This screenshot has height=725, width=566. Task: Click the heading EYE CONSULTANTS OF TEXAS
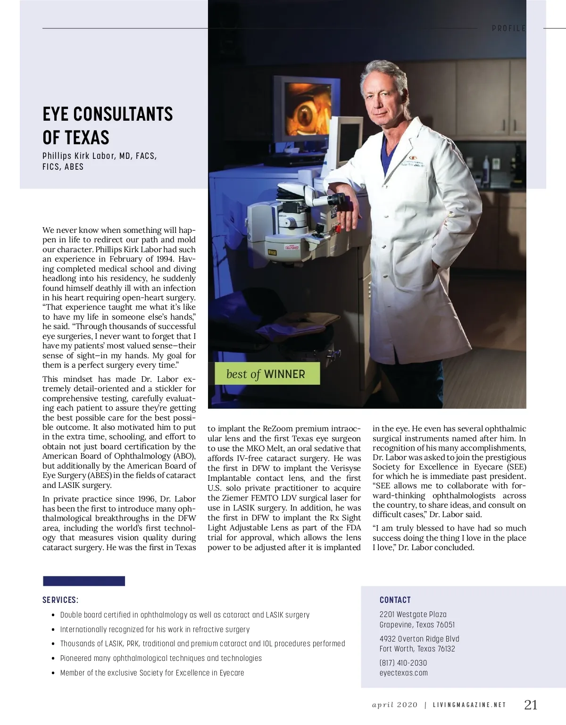click(x=108, y=125)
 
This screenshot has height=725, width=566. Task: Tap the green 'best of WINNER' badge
click(x=267, y=374)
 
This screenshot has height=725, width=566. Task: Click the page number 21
click(x=531, y=705)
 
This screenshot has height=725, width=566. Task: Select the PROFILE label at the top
click(x=508, y=28)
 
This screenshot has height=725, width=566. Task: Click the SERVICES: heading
click(x=60, y=600)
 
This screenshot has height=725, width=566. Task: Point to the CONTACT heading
click(x=395, y=600)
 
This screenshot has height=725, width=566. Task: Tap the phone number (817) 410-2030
click(x=403, y=663)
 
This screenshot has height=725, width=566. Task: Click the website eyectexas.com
click(x=404, y=673)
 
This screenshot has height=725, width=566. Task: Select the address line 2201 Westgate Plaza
click(x=413, y=614)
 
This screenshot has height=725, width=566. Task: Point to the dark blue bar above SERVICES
click(x=84, y=581)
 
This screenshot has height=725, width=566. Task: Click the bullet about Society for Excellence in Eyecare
click(x=152, y=673)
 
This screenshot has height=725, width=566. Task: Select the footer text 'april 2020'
click(x=395, y=705)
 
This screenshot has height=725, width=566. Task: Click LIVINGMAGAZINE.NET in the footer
click(x=469, y=705)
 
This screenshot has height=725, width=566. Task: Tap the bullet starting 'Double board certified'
click(x=185, y=615)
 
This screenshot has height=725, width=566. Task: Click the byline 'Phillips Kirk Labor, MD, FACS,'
click(x=100, y=156)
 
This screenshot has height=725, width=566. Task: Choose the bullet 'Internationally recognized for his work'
click(x=155, y=629)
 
